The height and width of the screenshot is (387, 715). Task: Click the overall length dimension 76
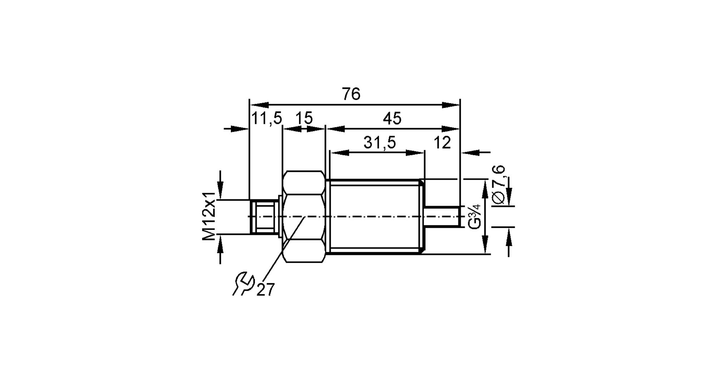351,94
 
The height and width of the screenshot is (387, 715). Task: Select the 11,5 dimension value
267,118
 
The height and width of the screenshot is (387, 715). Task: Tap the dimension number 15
304,118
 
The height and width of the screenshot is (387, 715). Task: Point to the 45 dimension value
392,119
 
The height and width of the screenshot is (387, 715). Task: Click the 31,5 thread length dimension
380,143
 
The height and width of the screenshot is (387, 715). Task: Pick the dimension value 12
442,143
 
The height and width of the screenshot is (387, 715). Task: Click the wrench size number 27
266,289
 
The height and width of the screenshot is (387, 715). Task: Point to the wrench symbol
243,284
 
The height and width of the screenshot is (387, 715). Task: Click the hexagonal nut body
304,217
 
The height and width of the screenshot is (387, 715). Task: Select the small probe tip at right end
442,216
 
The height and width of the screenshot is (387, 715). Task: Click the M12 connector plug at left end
264,217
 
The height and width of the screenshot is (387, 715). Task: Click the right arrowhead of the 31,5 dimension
415,153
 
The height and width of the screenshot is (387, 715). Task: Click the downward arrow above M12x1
221,188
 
